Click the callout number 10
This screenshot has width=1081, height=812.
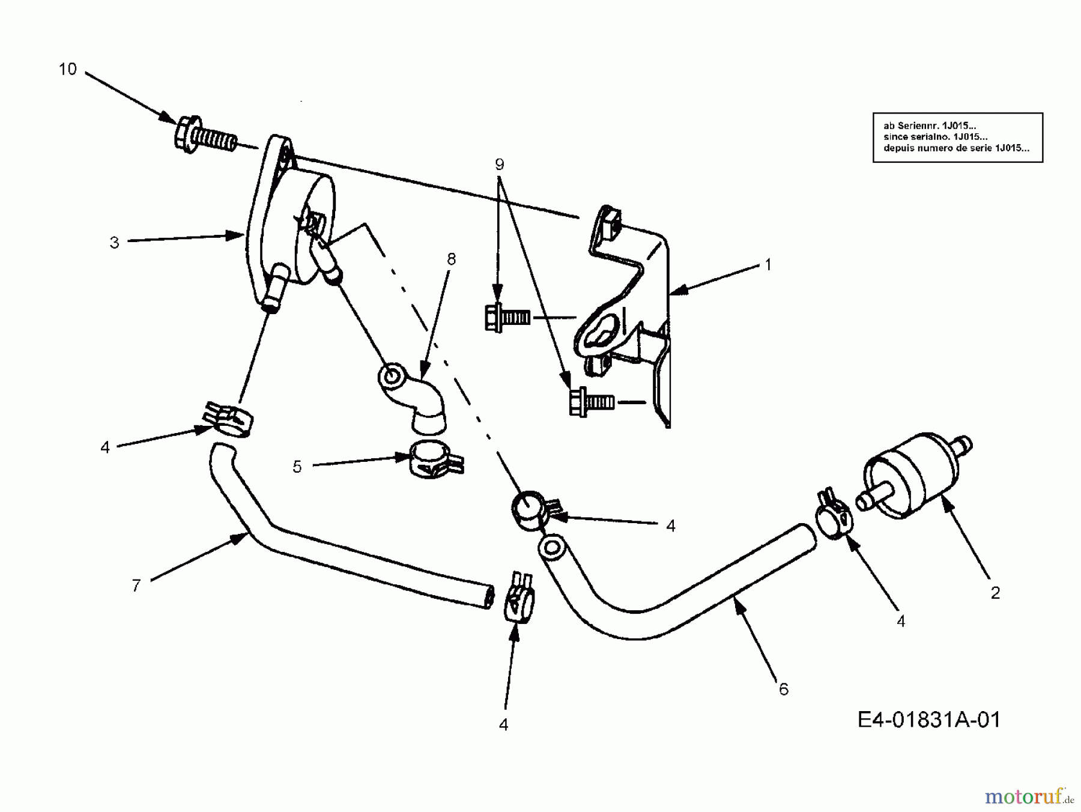68,70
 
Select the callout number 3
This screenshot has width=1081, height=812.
114,243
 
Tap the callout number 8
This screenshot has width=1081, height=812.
451,259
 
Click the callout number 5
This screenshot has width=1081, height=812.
297,467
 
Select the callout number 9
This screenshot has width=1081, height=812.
500,164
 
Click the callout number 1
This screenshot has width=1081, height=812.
767,264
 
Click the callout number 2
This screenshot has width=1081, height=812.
995,593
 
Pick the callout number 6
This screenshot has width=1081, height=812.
783,689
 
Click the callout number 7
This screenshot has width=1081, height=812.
136,585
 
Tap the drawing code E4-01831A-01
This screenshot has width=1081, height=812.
929,720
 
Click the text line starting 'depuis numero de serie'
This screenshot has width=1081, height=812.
956,148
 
